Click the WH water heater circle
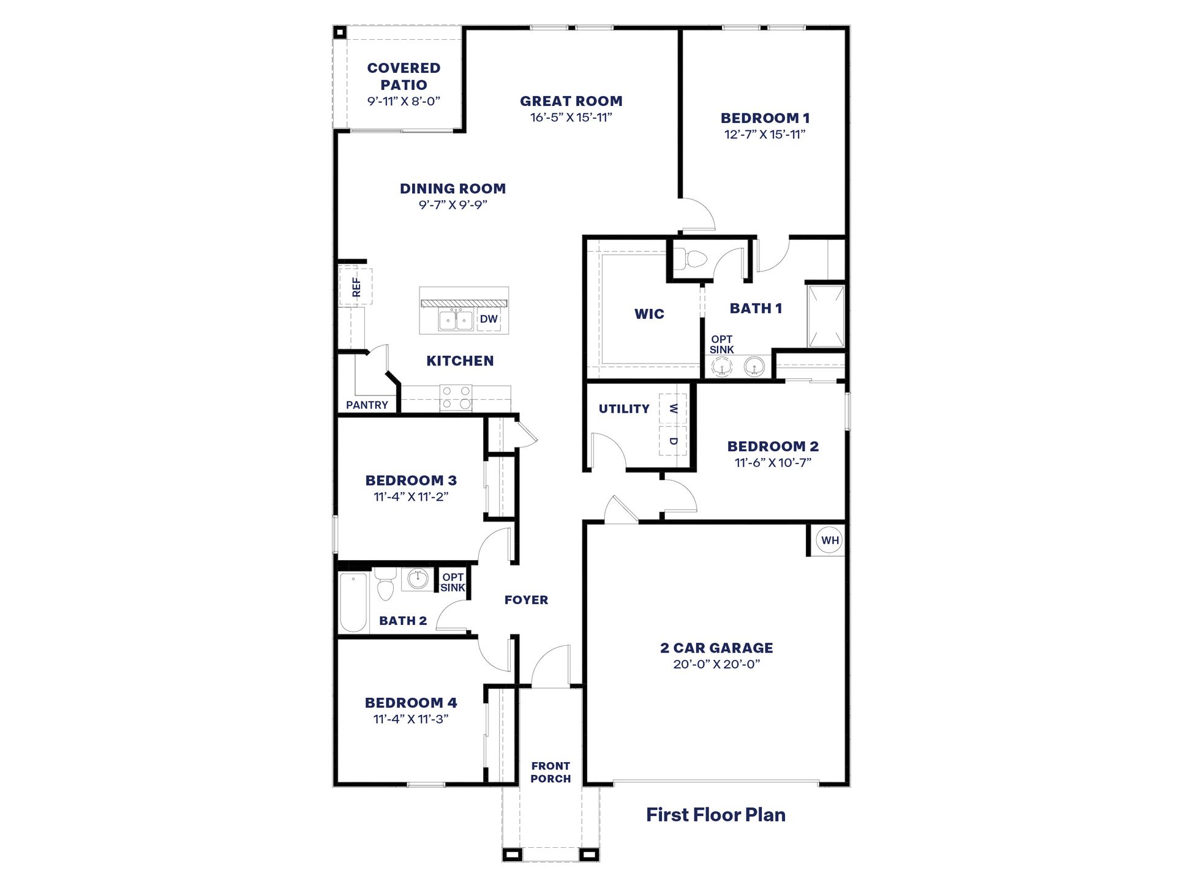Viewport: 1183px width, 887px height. [x=830, y=541]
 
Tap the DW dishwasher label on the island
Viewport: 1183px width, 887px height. [x=489, y=319]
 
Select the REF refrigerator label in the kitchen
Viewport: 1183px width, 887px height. [x=356, y=287]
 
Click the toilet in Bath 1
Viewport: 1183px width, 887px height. [x=694, y=259]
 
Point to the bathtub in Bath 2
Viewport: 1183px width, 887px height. [x=353, y=602]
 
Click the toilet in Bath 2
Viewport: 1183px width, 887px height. [x=385, y=584]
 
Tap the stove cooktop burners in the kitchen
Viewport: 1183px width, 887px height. [x=457, y=397]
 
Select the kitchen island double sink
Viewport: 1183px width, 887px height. [x=456, y=320]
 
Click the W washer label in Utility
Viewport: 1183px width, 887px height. [x=673, y=408]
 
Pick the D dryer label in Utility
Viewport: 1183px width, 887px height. [x=673, y=441]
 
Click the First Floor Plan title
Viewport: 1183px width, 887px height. [x=715, y=815]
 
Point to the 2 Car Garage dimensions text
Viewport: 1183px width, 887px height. [x=716, y=664]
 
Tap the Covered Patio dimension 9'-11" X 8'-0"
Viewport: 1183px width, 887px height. [x=404, y=102]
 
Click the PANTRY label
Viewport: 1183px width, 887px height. [x=367, y=405]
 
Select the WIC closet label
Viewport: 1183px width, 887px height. [x=649, y=314]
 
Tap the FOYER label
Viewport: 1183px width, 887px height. [x=526, y=601]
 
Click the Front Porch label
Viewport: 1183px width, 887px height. [x=550, y=773]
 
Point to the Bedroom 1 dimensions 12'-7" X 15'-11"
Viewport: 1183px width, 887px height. [x=765, y=135]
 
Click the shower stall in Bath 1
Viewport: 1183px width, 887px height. [x=826, y=316]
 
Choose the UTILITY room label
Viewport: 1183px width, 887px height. [x=624, y=409]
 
